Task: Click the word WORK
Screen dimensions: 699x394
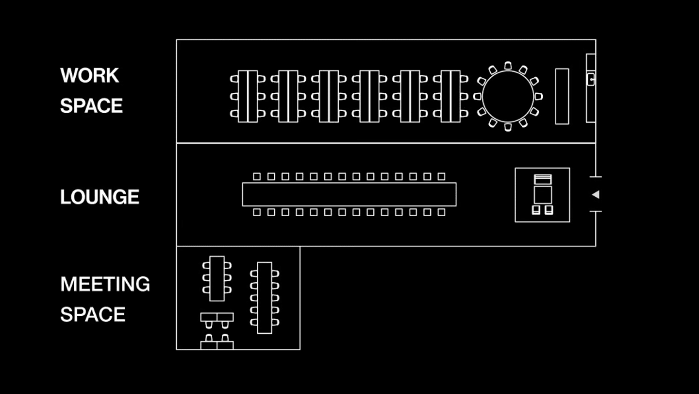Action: (89, 76)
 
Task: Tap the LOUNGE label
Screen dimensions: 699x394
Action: (100, 197)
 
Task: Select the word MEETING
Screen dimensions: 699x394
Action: (105, 284)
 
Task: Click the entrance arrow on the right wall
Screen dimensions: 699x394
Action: (596, 194)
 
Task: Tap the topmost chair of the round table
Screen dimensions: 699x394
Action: (508, 66)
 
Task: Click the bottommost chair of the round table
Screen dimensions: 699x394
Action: (508, 127)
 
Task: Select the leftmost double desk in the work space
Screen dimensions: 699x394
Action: (248, 97)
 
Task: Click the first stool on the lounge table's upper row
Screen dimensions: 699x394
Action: (257, 177)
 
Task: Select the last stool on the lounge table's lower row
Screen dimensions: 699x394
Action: (441, 212)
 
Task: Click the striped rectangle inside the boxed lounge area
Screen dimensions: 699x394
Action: (543, 180)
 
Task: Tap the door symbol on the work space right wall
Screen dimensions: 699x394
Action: (591, 79)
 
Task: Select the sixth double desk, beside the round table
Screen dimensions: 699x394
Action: (450, 97)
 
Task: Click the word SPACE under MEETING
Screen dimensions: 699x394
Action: (93, 314)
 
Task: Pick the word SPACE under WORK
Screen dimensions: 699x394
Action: (91, 106)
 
